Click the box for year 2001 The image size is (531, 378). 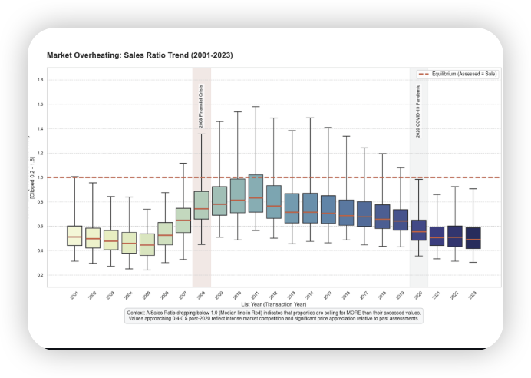click(74, 236)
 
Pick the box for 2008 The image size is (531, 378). click(201, 205)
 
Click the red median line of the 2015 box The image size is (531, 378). click(328, 214)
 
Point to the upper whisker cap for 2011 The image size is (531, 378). click(256, 107)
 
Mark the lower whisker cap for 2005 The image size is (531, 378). click(147, 270)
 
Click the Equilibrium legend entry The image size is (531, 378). click(460, 74)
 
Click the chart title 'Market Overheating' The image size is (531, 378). click(140, 56)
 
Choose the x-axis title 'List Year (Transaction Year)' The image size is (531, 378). click(273, 305)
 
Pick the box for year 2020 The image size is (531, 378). click(418, 230)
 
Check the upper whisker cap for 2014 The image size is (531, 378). click(309, 118)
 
